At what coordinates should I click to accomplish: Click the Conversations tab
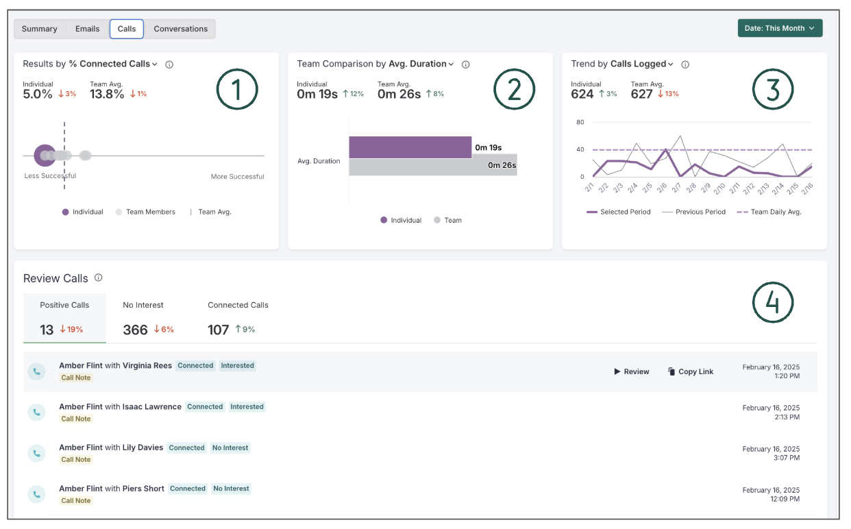180,29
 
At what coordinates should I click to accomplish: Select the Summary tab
39,29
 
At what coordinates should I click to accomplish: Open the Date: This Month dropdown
779,28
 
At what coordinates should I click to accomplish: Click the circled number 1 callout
237,90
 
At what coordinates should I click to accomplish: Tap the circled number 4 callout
772,302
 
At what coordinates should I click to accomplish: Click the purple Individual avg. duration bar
410,147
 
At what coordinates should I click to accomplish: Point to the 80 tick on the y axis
580,123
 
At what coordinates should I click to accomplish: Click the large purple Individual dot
45,156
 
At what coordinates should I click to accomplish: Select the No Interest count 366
135,330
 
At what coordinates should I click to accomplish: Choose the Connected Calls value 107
218,330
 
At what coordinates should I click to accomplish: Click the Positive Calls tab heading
64,305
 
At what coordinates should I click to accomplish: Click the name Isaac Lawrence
151,406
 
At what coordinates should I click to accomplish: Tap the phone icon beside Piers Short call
36,494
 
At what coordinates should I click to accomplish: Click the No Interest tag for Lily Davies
230,447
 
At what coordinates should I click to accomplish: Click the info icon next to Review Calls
98,278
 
